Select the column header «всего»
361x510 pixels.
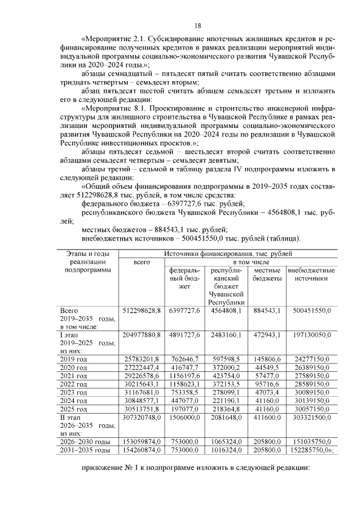pos(141,262)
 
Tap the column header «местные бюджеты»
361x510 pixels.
pos(267,274)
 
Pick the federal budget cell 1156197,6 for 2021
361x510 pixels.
pos(185,375)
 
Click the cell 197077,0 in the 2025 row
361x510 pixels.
pos(185,409)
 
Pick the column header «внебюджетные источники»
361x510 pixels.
pos(311,274)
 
